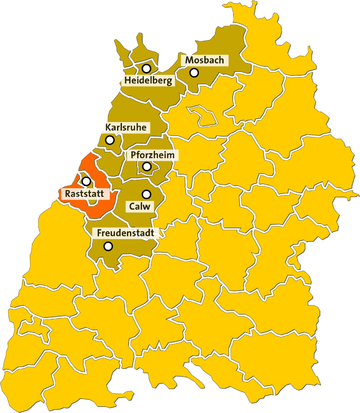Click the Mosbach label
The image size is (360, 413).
(x=204, y=60)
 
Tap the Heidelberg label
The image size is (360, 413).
(x=148, y=81)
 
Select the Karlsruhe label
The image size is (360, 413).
(x=126, y=127)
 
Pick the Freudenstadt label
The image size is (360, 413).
(x=126, y=233)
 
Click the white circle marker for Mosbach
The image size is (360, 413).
(x=194, y=72)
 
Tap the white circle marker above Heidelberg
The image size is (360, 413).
(x=146, y=68)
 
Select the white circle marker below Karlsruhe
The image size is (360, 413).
(x=110, y=140)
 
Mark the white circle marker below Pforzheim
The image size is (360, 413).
(x=147, y=167)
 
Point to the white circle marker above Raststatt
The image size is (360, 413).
(x=86, y=181)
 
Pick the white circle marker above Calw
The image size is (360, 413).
(x=146, y=194)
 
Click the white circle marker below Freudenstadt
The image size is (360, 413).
(x=108, y=246)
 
